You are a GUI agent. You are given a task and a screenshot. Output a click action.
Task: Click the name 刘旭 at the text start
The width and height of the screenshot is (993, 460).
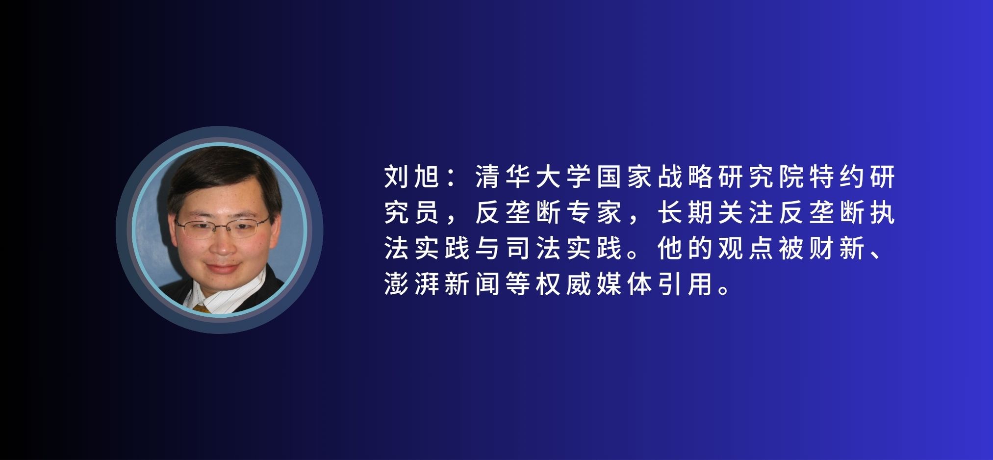pos(412,177)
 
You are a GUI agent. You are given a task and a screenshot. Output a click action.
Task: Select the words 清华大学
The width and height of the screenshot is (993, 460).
pos(534,177)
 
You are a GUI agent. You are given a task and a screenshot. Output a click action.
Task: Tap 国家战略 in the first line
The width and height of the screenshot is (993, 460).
pos(655,177)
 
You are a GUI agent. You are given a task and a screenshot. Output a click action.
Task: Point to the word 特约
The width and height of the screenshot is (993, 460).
pos(838,177)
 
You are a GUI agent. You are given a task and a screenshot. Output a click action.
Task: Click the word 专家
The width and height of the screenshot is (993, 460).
pos(594,213)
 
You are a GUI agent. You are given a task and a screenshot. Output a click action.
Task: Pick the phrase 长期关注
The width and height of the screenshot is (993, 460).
pos(716,213)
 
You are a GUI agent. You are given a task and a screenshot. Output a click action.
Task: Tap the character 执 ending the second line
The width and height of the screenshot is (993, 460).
pos(883,213)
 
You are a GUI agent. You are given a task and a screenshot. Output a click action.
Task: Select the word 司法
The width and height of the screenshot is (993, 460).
pos(534,248)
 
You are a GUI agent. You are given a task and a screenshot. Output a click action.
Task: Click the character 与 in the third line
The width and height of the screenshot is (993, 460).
pos(488,248)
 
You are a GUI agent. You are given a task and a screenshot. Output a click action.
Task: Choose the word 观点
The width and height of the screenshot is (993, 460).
pos(746,248)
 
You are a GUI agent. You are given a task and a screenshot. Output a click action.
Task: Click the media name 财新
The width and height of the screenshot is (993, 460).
pos(838,248)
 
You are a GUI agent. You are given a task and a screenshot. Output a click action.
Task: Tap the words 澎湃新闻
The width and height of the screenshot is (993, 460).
pos(442,284)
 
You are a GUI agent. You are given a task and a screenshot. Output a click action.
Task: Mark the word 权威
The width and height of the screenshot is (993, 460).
pos(564,284)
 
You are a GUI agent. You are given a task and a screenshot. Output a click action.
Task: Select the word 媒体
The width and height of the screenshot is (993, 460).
pos(625,284)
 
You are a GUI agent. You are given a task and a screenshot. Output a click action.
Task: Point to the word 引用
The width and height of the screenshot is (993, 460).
pos(686,284)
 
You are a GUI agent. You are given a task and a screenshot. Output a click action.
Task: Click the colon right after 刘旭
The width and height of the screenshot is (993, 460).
pos(452,178)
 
